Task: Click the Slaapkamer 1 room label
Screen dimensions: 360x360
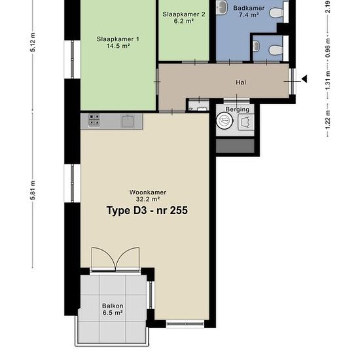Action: pos(118,43)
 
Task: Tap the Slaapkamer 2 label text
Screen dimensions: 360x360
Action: pos(184,17)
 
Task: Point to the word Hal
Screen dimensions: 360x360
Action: pos(240,83)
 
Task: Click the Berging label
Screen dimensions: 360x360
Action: pos(238,109)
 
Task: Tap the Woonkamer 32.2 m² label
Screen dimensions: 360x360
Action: pos(147,196)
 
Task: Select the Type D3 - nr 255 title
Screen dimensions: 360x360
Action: pos(148,211)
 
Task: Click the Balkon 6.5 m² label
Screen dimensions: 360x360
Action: pos(112,310)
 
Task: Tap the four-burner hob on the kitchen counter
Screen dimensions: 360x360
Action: pos(94,120)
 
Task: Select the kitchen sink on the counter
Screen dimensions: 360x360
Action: pos(127,120)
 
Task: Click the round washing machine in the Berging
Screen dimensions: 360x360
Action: pos(225,121)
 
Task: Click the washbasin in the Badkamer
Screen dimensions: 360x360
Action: pos(223,7)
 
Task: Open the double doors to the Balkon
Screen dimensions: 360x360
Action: pos(115,260)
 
